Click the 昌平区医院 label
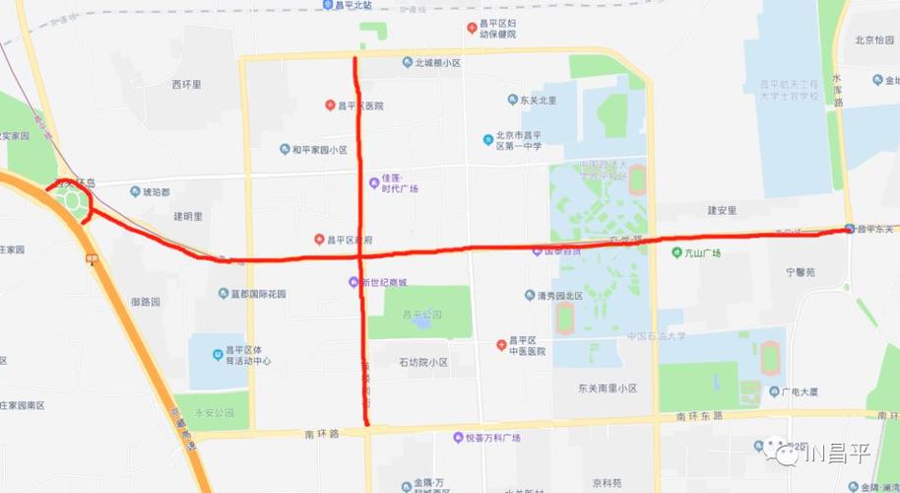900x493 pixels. [360, 106]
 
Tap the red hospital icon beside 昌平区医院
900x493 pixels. [331, 106]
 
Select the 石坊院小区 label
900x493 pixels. [422, 362]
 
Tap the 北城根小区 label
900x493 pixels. [437, 63]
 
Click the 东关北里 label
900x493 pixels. [539, 100]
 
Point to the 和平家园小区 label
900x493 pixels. [319, 150]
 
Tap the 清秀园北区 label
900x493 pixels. [553, 295]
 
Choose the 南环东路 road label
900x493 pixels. [698, 416]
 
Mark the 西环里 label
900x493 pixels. [186, 85]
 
